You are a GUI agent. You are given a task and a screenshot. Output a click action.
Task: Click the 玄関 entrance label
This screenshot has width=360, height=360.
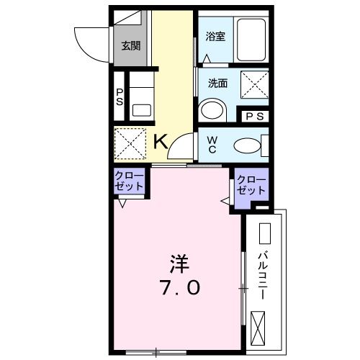pos(130,47)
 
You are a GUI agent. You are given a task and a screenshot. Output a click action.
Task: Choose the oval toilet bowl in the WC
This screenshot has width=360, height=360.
pos(248,145)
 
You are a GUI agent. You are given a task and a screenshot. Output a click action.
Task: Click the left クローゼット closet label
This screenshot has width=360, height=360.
pos(130,181)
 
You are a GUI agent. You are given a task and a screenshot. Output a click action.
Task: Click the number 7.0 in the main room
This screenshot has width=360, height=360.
pos(180,288)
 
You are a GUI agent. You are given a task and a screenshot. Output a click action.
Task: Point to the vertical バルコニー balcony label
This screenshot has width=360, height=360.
pos(264,274)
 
